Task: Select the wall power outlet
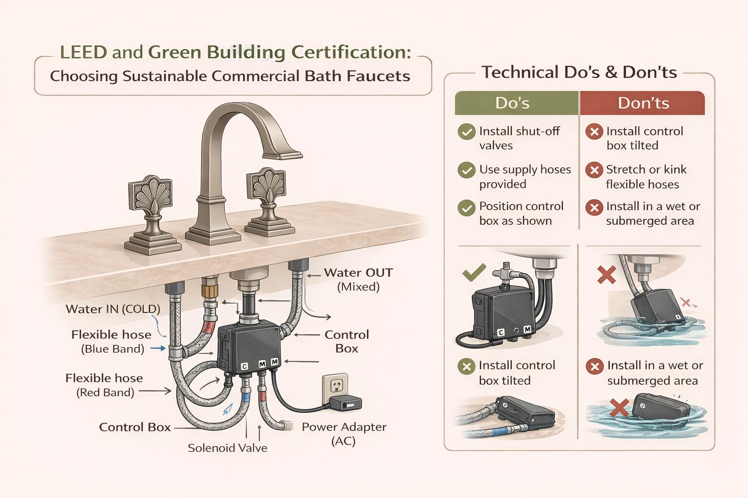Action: tap(335, 386)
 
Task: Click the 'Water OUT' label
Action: tap(358, 273)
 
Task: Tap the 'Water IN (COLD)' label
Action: tap(113, 309)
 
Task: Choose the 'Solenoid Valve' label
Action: tap(227, 448)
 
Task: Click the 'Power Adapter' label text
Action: tap(344, 427)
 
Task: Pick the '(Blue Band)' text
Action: tap(112, 349)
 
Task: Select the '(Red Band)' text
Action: tap(105, 392)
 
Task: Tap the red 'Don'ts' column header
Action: tap(643, 103)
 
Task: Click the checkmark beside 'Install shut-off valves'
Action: tap(467, 132)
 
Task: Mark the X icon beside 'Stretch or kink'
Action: tap(594, 170)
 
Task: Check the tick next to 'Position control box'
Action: tap(467, 208)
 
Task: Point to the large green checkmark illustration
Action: tap(474, 272)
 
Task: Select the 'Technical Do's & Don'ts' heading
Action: tap(579, 72)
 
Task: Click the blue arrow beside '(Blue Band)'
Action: tap(158, 349)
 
